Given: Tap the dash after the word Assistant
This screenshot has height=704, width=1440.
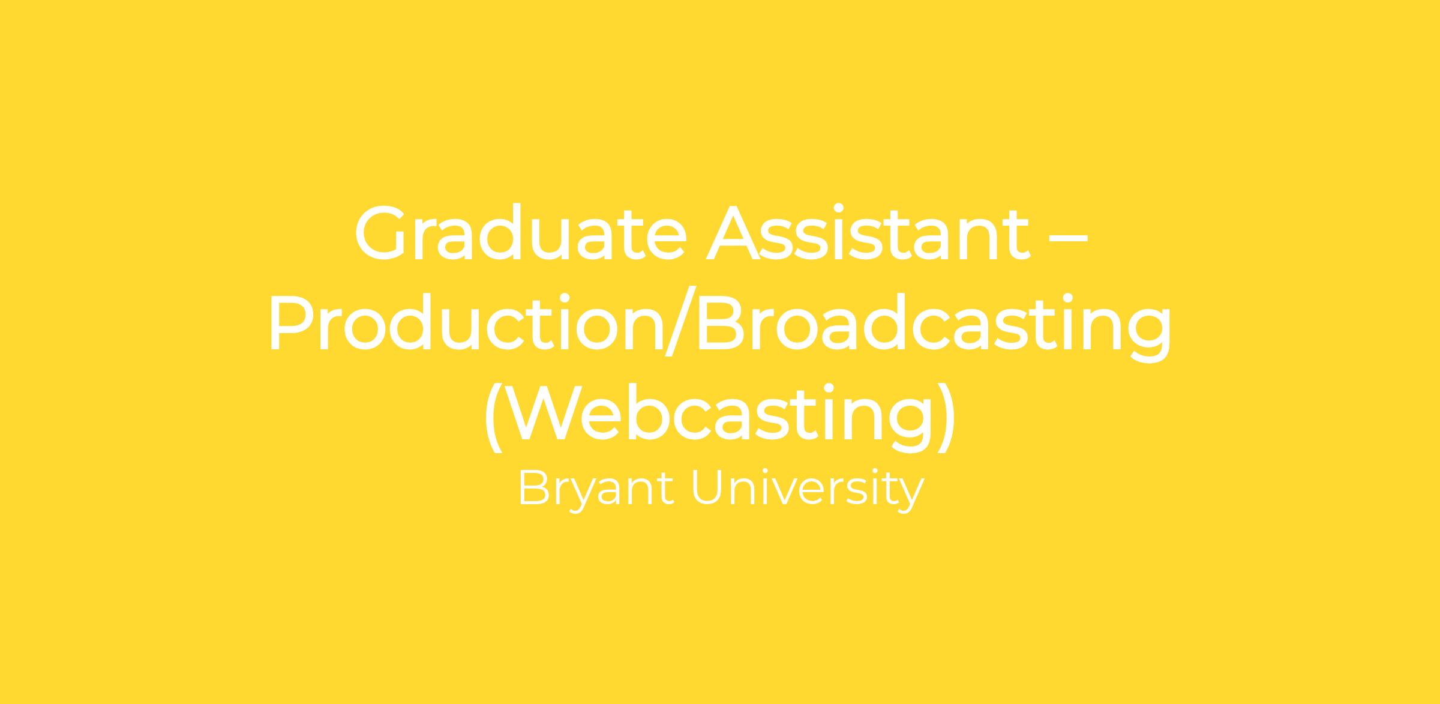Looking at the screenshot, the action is click(x=1067, y=236).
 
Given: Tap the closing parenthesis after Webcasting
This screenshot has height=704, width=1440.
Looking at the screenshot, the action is click(x=946, y=418).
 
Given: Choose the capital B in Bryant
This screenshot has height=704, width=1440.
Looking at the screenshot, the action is click(x=533, y=487).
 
